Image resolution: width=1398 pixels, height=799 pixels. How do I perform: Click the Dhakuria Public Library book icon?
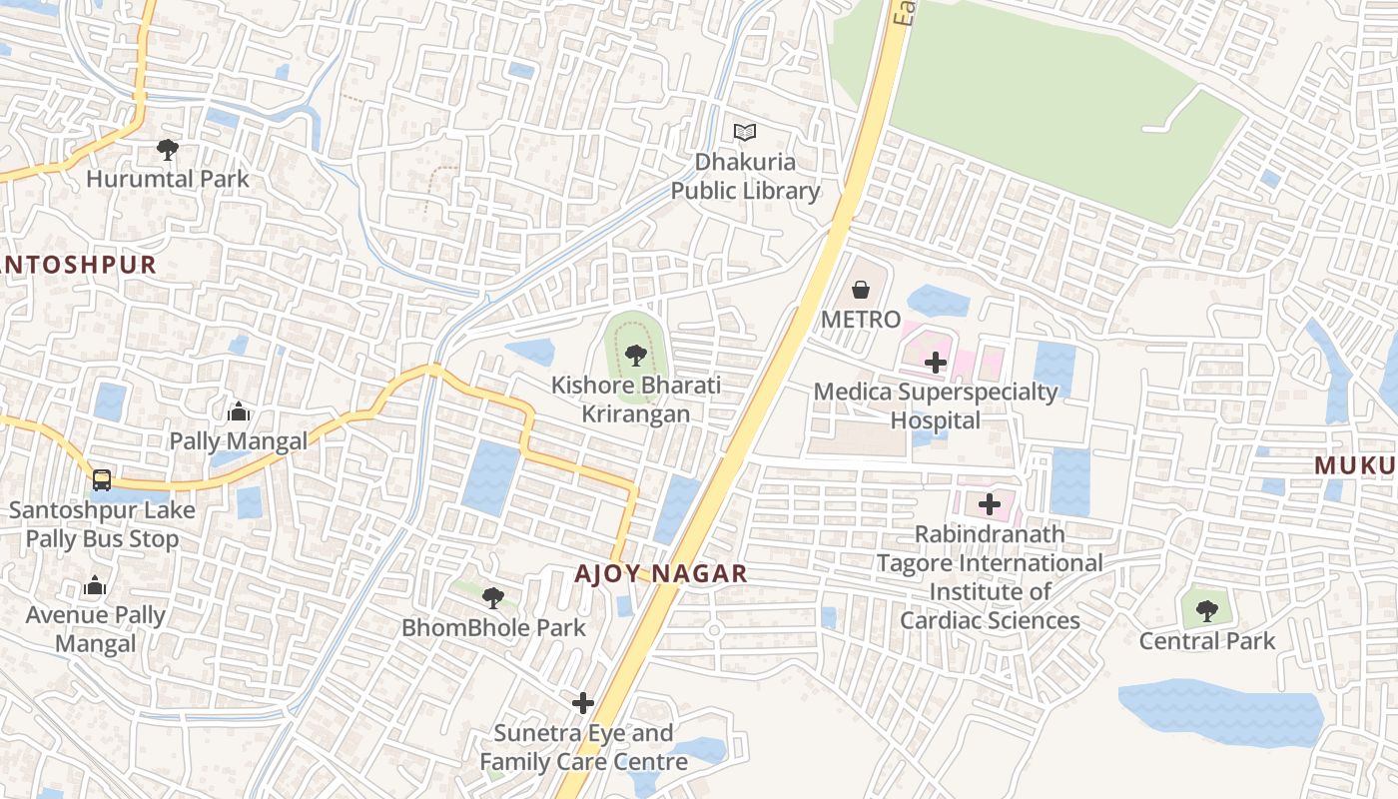pyautogui.click(x=745, y=132)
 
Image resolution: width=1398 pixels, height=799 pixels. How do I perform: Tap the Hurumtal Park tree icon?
pyautogui.click(x=168, y=150)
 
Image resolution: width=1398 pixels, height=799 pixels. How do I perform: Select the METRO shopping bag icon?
pyautogui.click(x=861, y=291)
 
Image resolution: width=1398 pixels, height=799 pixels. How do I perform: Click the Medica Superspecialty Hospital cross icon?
pyautogui.click(x=936, y=363)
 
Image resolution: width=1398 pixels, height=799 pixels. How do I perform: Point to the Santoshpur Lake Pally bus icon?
pyautogui.click(x=102, y=480)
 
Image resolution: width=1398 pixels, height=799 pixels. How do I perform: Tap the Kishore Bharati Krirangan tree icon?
pyautogui.click(x=635, y=355)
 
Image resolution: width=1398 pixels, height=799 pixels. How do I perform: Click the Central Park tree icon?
pyautogui.click(x=1207, y=610)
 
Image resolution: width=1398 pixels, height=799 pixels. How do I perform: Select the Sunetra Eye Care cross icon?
pyautogui.click(x=583, y=703)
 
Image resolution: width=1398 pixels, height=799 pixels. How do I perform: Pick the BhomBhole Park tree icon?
pyautogui.click(x=492, y=598)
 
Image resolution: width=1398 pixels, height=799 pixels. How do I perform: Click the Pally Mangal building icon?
pyautogui.click(x=238, y=411)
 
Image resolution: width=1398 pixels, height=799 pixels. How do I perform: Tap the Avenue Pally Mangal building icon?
pyautogui.click(x=95, y=585)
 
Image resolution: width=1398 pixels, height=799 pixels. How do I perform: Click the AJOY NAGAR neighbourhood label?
pyautogui.click(x=661, y=573)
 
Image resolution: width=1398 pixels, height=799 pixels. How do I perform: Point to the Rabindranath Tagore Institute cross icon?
pyautogui.click(x=990, y=504)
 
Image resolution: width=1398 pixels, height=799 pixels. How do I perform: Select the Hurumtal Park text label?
pyautogui.click(x=168, y=180)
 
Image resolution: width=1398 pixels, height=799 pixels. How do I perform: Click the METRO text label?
pyautogui.click(x=861, y=320)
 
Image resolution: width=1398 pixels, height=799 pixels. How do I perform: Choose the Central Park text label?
pyautogui.click(x=1207, y=640)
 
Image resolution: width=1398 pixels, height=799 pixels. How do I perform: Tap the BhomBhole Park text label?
pyautogui.click(x=493, y=628)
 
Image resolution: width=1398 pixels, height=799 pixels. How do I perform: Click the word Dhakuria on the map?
pyautogui.click(x=745, y=162)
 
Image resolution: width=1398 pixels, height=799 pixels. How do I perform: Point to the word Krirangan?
pyautogui.click(x=635, y=413)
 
